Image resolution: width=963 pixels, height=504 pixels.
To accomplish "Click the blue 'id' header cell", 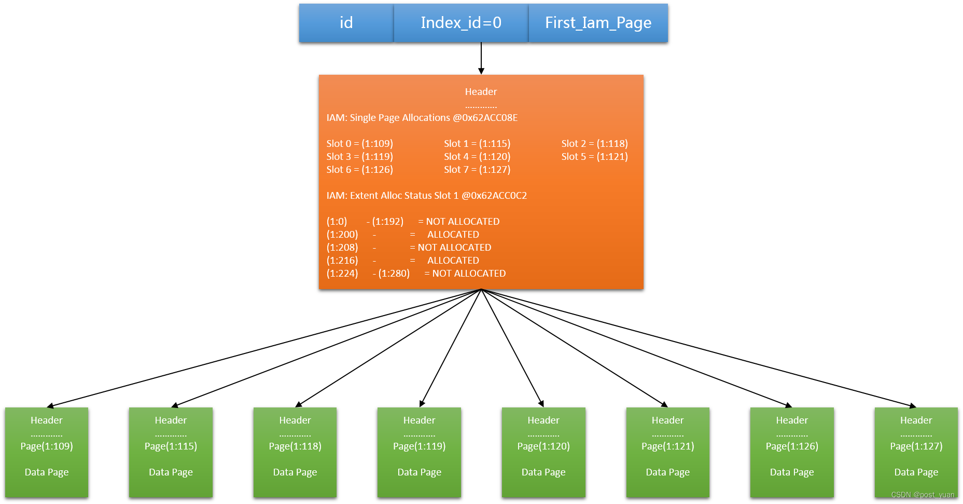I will [346, 23].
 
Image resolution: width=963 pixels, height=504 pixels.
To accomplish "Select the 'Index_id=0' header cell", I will [461, 23].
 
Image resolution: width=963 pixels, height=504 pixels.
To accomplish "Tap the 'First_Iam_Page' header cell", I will [598, 23].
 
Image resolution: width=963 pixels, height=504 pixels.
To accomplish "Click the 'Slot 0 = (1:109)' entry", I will [359, 144].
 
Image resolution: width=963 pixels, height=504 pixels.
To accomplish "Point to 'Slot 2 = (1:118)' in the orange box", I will [594, 144].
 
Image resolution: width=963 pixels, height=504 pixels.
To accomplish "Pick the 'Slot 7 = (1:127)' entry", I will [477, 170].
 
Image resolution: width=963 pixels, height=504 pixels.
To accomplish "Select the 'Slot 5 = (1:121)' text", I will [594, 157].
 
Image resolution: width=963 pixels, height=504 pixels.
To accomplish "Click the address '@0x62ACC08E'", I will [485, 118].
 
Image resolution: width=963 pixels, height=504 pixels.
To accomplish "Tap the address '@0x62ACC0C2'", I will [494, 196].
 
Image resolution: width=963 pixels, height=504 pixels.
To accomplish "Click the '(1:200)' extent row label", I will [342, 235].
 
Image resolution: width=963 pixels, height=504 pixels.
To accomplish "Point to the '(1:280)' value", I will [394, 274].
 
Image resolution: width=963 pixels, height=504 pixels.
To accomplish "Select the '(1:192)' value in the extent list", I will [388, 222].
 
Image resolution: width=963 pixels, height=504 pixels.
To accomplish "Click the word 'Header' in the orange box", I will [481, 92].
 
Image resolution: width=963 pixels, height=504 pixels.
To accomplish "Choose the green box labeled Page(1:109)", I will [47, 452].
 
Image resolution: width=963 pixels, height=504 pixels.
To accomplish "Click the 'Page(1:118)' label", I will [295, 446].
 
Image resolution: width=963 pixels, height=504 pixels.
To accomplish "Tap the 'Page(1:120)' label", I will [543, 446].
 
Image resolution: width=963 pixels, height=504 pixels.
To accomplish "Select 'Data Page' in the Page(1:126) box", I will [792, 472].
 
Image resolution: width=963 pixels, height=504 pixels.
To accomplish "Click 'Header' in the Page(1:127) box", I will [916, 420].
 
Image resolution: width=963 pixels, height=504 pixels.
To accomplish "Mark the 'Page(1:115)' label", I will [171, 446].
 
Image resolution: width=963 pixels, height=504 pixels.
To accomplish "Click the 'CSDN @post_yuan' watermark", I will [923, 495].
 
